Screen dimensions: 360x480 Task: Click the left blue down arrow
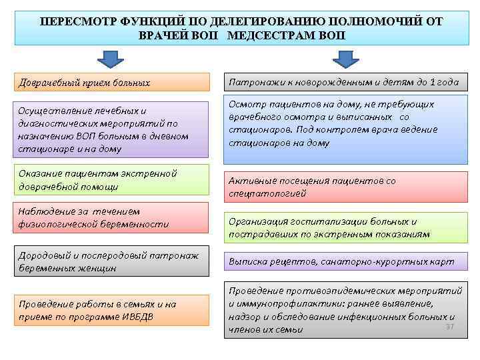point(111,58)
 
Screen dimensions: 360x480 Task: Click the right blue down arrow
point(345,58)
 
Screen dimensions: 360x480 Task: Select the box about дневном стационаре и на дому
point(112,129)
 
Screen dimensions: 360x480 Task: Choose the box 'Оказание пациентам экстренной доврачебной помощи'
point(112,179)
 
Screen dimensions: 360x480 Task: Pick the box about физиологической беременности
point(112,218)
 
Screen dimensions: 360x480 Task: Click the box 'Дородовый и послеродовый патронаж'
point(112,261)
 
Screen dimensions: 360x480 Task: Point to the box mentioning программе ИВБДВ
point(112,310)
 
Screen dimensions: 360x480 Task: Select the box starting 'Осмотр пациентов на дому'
point(345,129)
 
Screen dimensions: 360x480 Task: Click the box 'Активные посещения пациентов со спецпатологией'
point(345,187)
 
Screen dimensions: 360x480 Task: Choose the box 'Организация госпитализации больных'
point(345,227)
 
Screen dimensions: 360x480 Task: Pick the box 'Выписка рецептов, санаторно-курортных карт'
point(345,262)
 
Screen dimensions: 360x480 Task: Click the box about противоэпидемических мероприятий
point(345,310)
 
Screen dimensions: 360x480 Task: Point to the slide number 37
point(449,326)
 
